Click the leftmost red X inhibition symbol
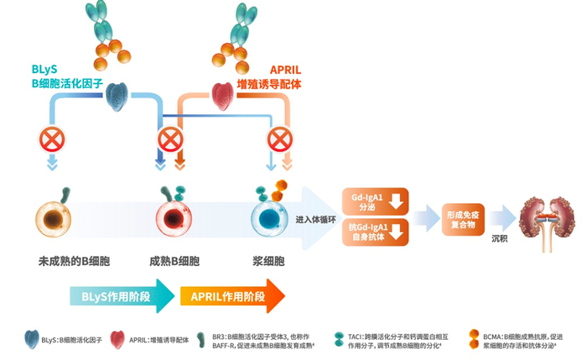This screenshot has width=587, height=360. tap(52, 138)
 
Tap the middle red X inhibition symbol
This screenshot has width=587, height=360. tap(171, 138)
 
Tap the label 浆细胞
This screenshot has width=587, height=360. tap(271, 261)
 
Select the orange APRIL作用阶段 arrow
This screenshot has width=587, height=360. tap(231, 296)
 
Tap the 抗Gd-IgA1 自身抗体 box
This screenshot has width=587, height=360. tap(375, 232)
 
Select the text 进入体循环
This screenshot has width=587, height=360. tap(315, 220)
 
